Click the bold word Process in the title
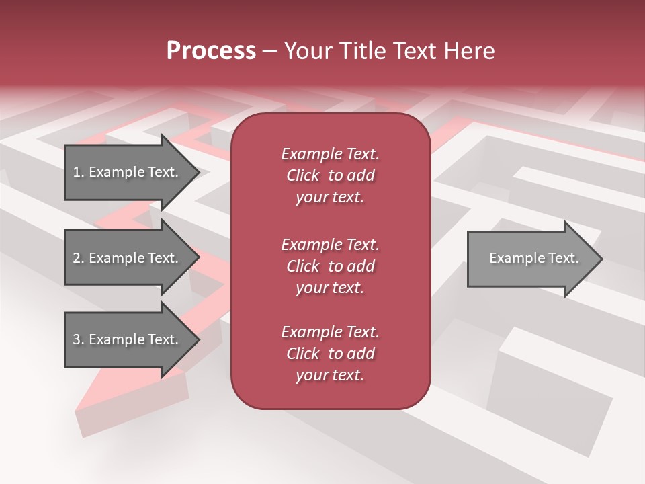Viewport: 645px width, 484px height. [x=211, y=51]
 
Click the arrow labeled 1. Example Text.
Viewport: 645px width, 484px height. [x=128, y=172]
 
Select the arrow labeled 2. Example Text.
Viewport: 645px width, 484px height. [x=128, y=258]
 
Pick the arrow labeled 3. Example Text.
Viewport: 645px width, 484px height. [x=128, y=339]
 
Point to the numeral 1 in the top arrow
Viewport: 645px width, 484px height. [x=77, y=172]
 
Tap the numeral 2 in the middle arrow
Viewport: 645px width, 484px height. [x=77, y=258]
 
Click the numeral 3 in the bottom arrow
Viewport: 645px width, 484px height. [x=77, y=339]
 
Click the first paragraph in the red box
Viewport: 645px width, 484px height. [x=330, y=175]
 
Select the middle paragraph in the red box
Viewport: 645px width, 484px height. [x=330, y=266]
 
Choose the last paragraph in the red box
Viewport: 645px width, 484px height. [x=330, y=354]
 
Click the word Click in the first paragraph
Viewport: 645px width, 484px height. [x=302, y=175]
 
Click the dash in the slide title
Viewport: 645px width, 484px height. [x=269, y=52]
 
